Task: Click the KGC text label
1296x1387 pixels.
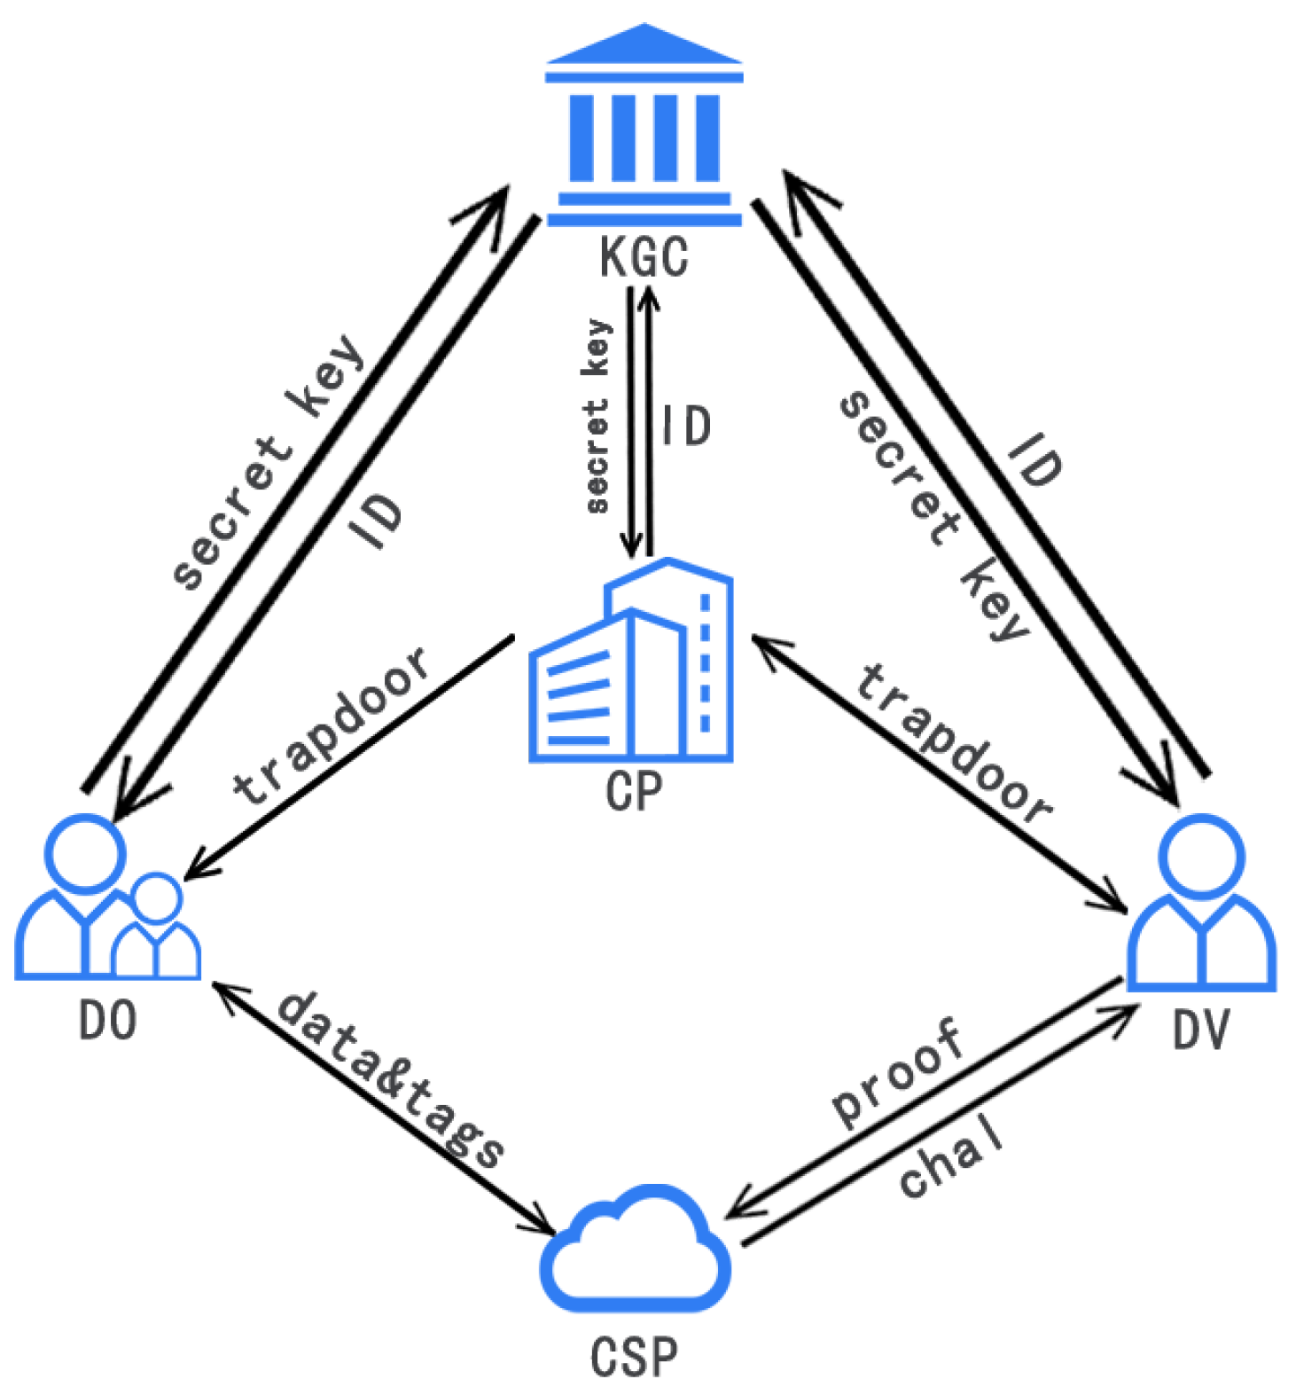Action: pos(644,258)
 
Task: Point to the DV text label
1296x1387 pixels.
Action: pos(1201,1030)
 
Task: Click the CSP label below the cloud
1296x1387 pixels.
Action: pos(634,1357)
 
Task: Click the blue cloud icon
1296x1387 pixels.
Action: pos(635,1250)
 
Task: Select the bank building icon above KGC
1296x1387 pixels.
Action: pos(644,129)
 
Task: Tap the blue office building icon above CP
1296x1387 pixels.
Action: pos(632,665)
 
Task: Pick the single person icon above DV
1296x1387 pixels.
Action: pos(1201,905)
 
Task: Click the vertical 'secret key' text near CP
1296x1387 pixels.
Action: pos(597,417)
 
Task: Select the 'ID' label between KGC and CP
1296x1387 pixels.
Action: pos(686,426)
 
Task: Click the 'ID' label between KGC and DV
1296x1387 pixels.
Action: pos(1034,459)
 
